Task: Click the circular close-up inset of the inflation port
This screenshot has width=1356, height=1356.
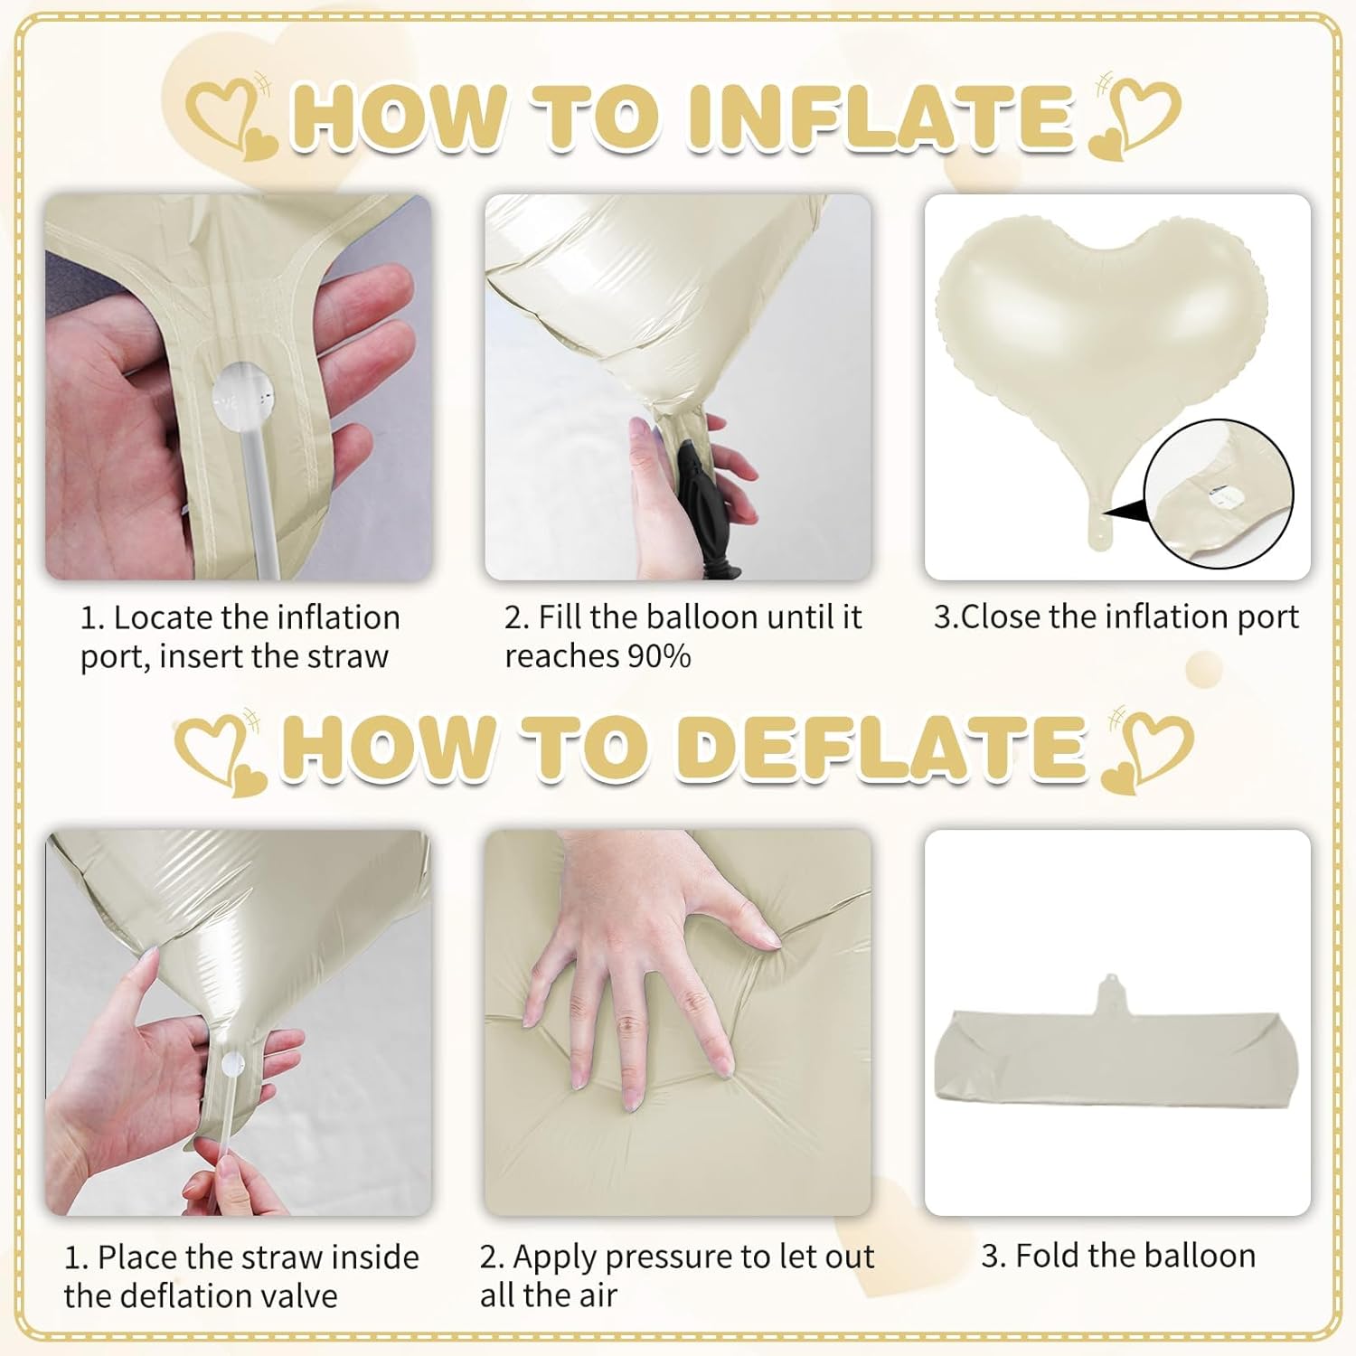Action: coord(1219,494)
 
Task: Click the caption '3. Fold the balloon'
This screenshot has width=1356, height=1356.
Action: coord(1118,1256)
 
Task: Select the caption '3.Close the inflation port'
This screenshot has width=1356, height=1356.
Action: coord(1116,617)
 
